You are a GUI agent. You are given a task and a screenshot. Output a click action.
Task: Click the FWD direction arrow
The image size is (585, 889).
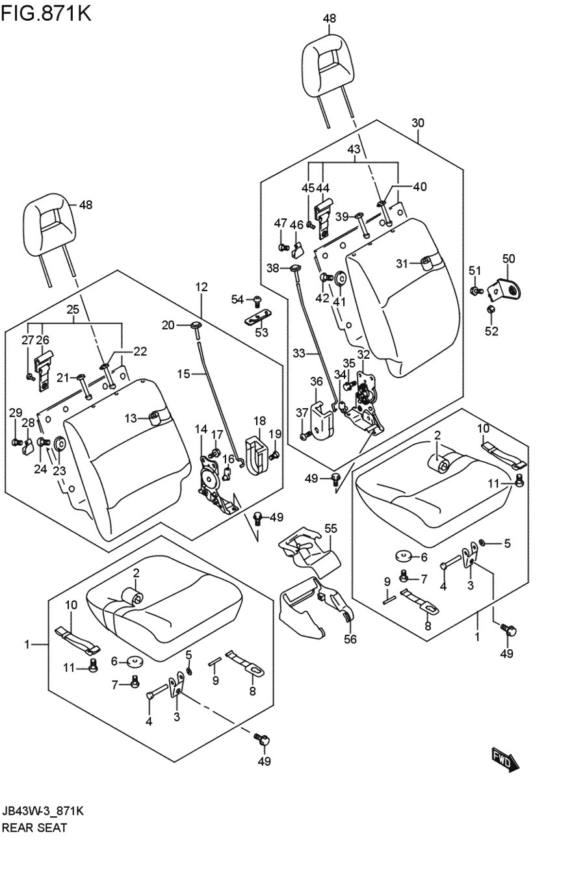tap(505, 759)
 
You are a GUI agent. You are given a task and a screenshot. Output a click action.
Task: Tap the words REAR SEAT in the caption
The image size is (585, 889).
tap(34, 828)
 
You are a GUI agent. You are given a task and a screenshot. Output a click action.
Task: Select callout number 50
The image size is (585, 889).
tap(508, 259)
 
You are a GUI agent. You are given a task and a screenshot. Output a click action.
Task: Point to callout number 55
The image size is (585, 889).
tap(331, 528)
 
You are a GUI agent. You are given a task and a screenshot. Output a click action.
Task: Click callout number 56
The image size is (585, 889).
tap(350, 639)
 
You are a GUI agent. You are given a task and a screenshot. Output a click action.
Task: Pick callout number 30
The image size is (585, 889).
tap(418, 123)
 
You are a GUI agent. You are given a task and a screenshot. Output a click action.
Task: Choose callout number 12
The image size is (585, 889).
tap(201, 287)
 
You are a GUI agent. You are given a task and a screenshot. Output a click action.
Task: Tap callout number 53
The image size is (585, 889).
tap(261, 332)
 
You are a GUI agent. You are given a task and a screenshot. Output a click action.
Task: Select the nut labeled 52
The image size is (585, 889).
tap(490, 309)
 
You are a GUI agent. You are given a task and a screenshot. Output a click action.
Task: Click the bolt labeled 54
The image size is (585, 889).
tap(257, 302)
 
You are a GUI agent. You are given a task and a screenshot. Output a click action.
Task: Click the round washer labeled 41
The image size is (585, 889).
tap(340, 278)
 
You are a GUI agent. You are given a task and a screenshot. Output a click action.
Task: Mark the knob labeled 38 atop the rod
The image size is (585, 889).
tap(296, 268)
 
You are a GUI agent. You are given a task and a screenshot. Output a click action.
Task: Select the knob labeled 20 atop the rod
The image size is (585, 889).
tap(196, 325)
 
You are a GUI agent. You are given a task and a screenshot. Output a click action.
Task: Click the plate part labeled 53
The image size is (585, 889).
tap(258, 317)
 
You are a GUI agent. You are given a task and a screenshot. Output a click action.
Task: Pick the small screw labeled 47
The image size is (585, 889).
tap(283, 247)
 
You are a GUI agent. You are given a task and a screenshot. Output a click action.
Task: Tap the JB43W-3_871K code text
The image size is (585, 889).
tap(43, 811)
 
